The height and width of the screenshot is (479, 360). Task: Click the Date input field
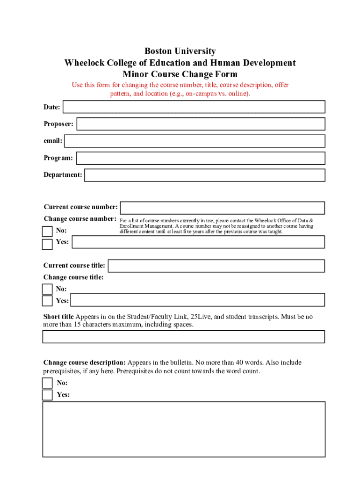[194, 107]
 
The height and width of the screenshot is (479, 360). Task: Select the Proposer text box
[201, 124]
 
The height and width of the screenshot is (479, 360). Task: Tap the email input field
[194, 141]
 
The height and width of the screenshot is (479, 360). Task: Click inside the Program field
[200, 158]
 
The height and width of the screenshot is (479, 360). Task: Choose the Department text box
[204, 175]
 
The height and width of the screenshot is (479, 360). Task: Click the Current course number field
[222, 208]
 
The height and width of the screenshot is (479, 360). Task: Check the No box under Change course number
[47, 232]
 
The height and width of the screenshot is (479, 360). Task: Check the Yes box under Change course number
[47, 244]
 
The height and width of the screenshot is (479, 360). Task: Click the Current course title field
[216, 266]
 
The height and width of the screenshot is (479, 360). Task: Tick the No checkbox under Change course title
[47, 289]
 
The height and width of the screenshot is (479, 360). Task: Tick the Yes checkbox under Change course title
[47, 301]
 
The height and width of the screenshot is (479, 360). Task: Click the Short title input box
[183, 337]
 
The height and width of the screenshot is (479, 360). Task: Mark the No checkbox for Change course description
[47, 383]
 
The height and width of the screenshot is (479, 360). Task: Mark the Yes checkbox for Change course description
[47, 395]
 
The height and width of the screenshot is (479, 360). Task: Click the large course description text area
[183, 429]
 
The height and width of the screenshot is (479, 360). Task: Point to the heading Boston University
[180, 51]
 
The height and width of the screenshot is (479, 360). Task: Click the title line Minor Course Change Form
[180, 74]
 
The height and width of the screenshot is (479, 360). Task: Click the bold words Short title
[58, 317]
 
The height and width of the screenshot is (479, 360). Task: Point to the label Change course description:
[85, 363]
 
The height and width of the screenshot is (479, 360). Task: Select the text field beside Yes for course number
[198, 242]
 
